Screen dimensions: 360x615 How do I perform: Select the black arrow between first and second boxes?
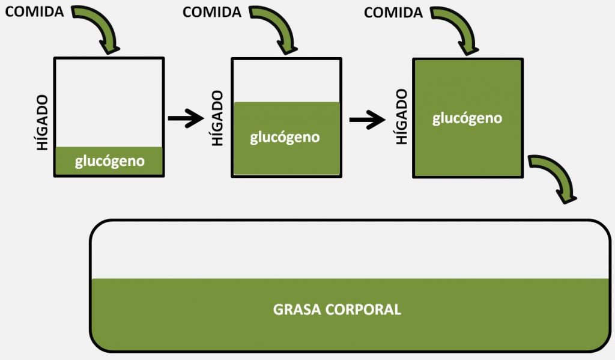click(x=186, y=118)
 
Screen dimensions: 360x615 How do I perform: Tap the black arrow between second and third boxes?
click(x=367, y=120)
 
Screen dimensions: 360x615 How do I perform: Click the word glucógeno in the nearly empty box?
click(x=110, y=161)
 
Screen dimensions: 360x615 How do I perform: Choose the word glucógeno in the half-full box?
click(x=285, y=137)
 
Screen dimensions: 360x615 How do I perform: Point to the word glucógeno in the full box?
click(x=467, y=118)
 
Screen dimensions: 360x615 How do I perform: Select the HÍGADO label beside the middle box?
click(x=218, y=118)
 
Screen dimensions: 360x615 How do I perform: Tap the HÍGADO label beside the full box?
click(x=401, y=117)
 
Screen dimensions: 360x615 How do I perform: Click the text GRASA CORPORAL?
click(x=337, y=310)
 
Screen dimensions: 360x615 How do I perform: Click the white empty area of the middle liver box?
click(x=286, y=80)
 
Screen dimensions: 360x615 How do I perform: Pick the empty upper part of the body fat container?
click(x=348, y=249)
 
